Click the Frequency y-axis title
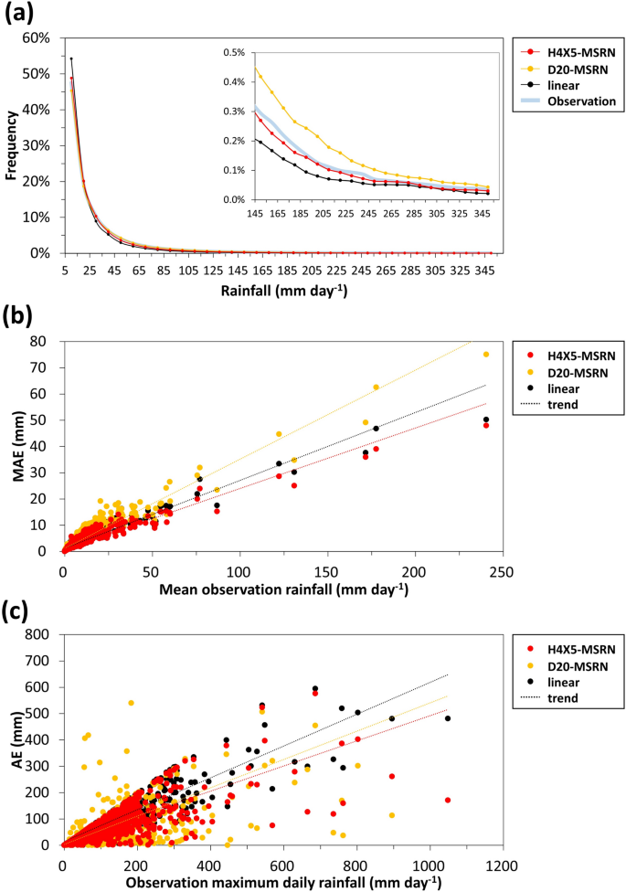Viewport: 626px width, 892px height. (12, 145)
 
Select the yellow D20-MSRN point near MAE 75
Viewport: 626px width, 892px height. (486, 355)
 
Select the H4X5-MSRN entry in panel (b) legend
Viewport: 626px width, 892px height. (576, 353)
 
